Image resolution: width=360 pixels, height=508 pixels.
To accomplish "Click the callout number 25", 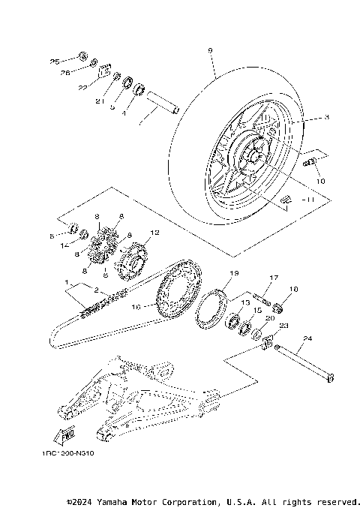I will point(55,60).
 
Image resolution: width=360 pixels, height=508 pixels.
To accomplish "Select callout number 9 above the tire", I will point(210,50).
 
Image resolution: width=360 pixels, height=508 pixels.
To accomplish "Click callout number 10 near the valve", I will point(319,181).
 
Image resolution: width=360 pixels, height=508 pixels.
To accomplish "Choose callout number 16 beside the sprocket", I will point(136,306).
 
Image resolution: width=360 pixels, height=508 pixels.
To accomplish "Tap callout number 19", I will point(234,273).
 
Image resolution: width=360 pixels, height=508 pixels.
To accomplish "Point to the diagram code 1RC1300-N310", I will point(69,453).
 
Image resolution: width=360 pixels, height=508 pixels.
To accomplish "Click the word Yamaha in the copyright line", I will point(118,500).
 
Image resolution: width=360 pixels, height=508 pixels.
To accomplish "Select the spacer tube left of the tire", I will point(164,101).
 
